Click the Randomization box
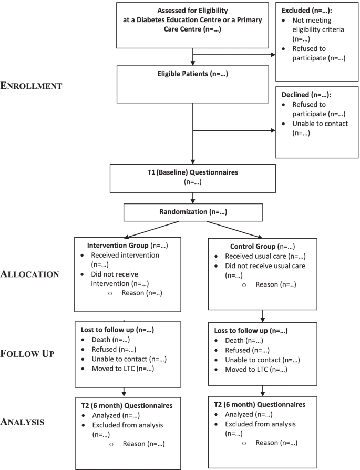point(193,212)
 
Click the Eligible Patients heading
point(193,75)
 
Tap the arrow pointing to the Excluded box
point(272,53)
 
